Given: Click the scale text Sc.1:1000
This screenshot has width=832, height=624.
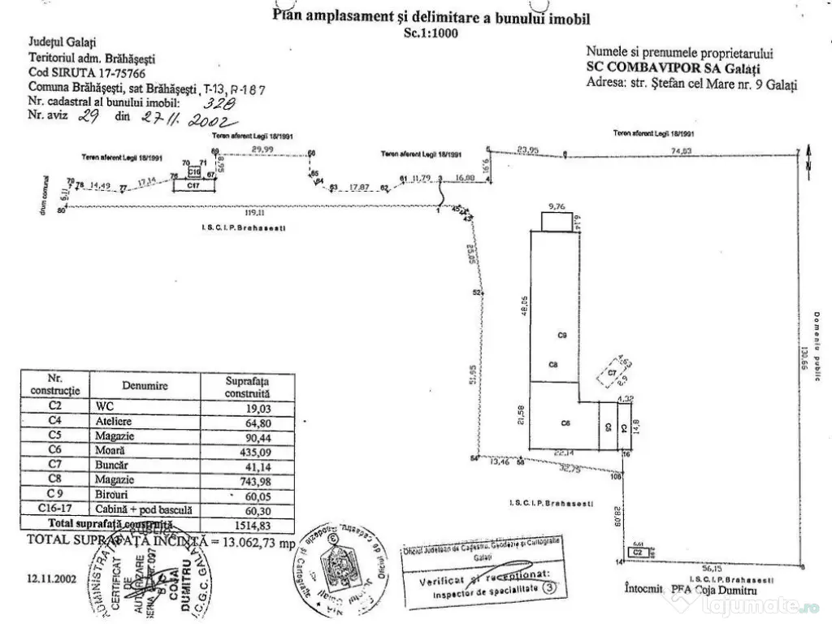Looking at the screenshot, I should click(431, 33).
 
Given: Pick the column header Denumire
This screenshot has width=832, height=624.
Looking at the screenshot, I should click(145, 386).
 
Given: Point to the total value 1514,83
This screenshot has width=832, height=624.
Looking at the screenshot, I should click(249, 525).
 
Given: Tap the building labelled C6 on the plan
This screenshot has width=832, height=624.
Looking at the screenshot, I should click(565, 423).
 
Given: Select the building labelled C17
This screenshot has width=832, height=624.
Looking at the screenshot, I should click(193, 185).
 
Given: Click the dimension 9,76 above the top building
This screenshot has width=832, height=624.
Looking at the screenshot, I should click(557, 206).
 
